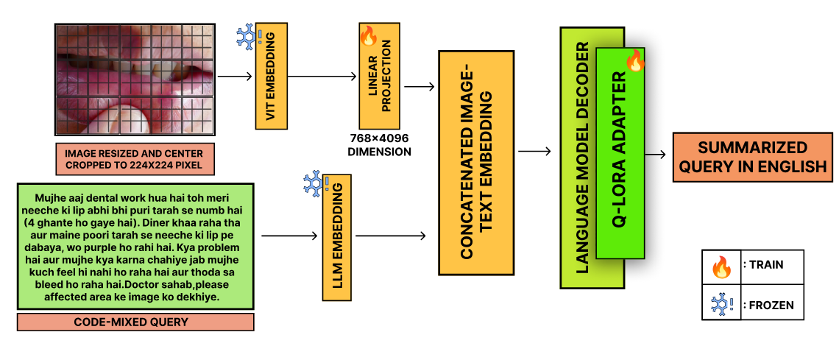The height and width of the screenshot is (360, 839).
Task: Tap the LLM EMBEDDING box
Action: (x=337, y=238)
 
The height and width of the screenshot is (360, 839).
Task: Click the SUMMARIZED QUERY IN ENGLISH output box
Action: (x=752, y=157)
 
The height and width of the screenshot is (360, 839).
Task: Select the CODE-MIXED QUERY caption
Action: (x=135, y=322)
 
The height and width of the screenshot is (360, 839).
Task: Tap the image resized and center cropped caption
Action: (x=135, y=160)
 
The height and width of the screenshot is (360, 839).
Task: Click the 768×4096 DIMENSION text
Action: (x=379, y=145)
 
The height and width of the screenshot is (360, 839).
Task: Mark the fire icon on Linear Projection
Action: (x=368, y=35)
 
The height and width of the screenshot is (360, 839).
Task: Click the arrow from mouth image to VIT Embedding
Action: (x=236, y=76)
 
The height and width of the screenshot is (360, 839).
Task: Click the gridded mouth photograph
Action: (x=135, y=79)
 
